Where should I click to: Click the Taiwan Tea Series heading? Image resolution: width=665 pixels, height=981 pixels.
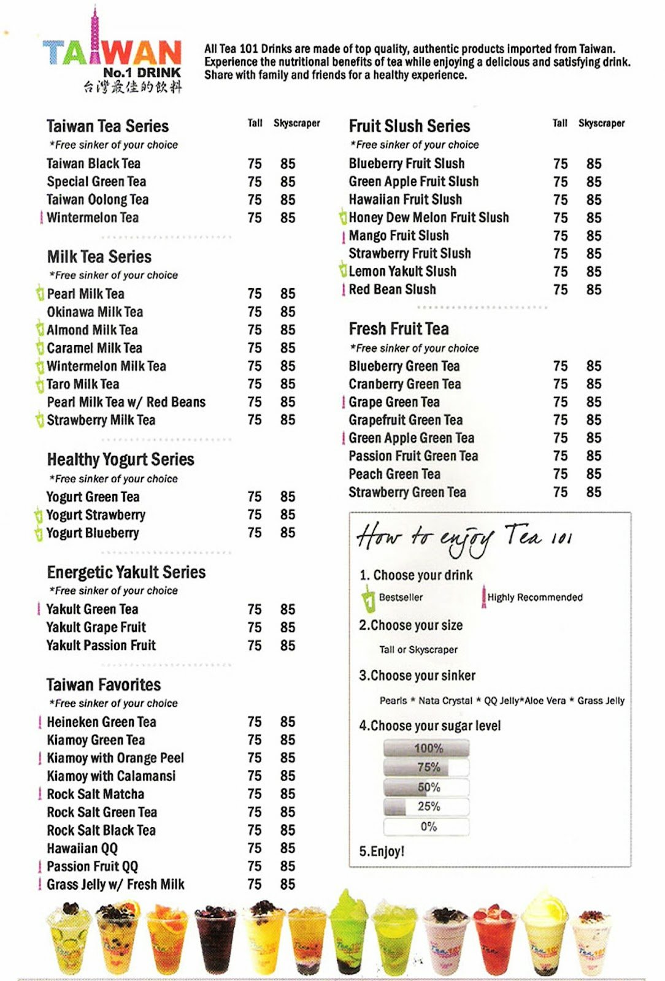click(x=107, y=126)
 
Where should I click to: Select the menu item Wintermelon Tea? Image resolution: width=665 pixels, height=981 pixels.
click(x=93, y=218)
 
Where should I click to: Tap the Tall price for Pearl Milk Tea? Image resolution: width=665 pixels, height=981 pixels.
click(x=255, y=294)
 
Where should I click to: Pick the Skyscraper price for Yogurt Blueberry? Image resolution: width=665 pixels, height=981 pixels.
click(x=288, y=533)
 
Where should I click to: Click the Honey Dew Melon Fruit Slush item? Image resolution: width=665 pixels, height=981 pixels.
click(x=428, y=218)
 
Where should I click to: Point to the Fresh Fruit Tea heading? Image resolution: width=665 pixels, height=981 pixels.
click(x=399, y=329)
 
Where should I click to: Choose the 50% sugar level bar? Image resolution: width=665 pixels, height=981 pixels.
click(x=427, y=787)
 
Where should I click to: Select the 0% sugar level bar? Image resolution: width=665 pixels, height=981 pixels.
click(x=427, y=826)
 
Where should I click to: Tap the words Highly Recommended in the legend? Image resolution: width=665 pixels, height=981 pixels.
click(x=535, y=597)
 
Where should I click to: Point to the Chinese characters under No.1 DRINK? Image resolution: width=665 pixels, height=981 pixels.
click(x=133, y=87)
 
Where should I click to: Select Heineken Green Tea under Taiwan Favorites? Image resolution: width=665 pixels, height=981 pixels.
click(x=101, y=722)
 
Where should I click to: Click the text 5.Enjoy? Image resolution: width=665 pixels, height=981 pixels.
click(x=382, y=852)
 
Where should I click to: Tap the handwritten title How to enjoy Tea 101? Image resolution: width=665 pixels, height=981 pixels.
click(x=464, y=538)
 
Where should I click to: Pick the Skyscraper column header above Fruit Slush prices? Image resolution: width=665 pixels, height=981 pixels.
click(x=601, y=123)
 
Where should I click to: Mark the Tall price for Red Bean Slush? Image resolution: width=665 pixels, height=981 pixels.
click(x=560, y=289)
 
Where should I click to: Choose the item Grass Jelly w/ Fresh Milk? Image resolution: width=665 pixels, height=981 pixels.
click(x=115, y=885)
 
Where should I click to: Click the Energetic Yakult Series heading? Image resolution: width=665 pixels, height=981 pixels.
click(x=126, y=573)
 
